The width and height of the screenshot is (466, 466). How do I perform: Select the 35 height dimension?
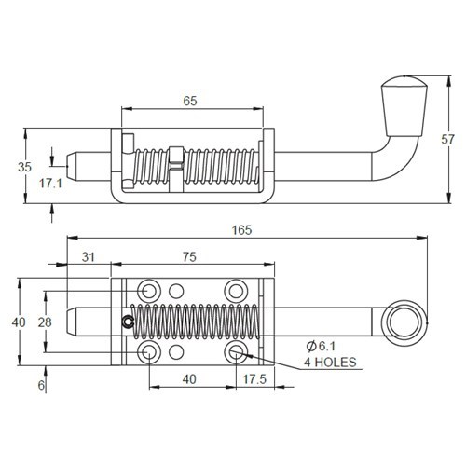pyautogui.click(x=25, y=166)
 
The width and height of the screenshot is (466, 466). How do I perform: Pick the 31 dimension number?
pyautogui.click(x=89, y=257)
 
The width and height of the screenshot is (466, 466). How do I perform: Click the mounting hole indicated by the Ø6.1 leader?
pyautogui.click(x=236, y=351)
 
